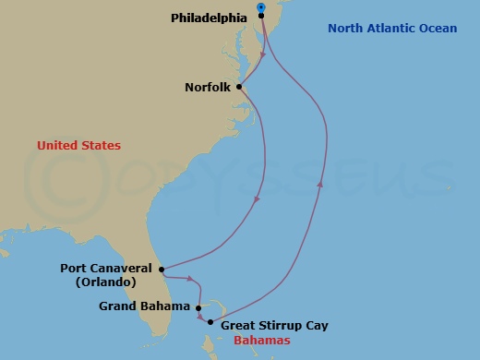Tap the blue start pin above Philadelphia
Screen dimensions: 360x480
pyautogui.click(x=261, y=7)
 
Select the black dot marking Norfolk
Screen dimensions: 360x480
pyautogui.click(x=239, y=87)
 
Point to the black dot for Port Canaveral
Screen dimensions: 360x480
pyautogui.click(x=162, y=270)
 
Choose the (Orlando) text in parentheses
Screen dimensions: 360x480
pyautogui.click(x=107, y=282)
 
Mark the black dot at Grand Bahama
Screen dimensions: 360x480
pyautogui.click(x=198, y=306)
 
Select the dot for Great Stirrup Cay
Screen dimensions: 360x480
pyautogui.click(x=211, y=322)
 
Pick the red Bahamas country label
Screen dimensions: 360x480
pyautogui.click(x=261, y=341)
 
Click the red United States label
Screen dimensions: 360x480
pyautogui.click(x=78, y=146)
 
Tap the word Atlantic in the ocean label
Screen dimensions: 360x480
pyautogui.click(x=400, y=29)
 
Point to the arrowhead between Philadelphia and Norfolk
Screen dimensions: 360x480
pyautogui.click(x=266, y=54)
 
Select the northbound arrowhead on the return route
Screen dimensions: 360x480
pyautogui.click(x=320, y=186)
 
